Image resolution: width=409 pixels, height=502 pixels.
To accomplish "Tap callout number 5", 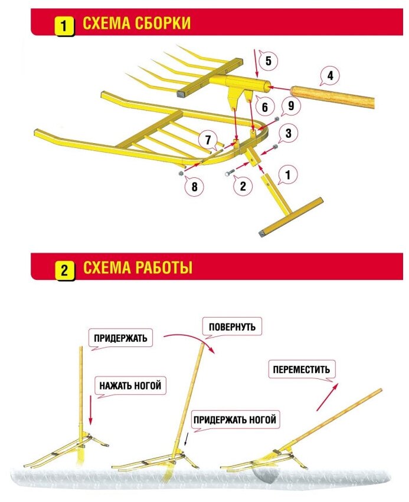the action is click(267, 61).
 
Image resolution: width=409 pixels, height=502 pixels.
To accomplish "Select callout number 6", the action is click(264, 107).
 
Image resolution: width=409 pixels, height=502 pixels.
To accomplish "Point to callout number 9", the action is click(289, 107).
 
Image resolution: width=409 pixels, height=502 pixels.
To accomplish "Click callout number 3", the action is click(287, 133).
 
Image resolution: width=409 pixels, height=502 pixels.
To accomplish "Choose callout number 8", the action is click(194, 188).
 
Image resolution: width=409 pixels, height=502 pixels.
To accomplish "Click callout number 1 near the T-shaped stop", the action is click(288, 175).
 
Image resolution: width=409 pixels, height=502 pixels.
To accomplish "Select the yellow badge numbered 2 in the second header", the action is click(64, 270).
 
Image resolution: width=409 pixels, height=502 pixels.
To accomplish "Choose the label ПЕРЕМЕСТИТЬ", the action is click(302, 369).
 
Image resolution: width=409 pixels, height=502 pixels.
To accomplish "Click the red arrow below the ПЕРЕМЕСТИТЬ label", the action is click(328, 396).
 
